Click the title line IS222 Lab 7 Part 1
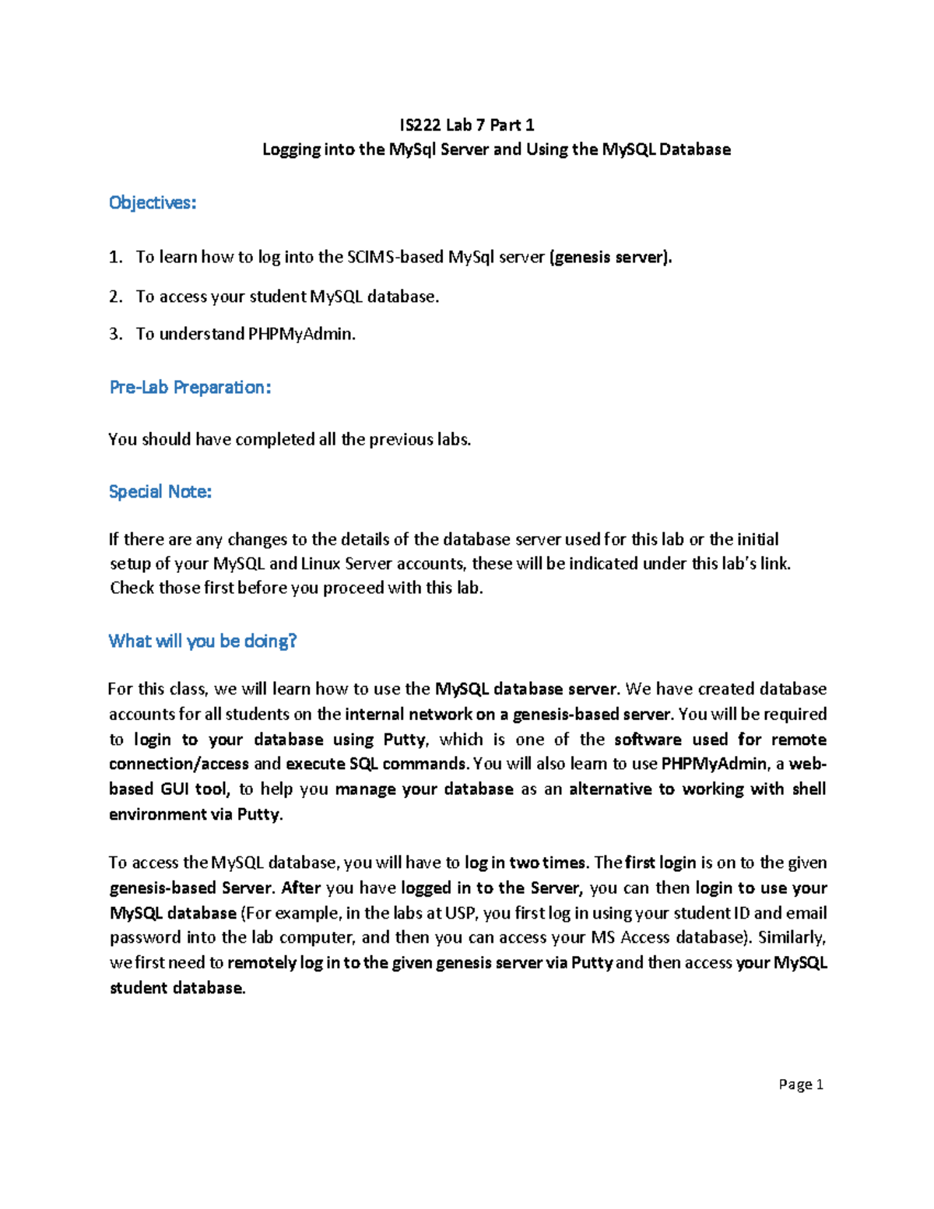(x=466, y=125)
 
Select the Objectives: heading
(x=153, y=202)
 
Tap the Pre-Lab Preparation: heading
(x=190, y=387)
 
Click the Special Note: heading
(x=160, y=491)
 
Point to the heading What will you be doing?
(x=202, y=641)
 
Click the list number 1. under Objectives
(x=116, y=257)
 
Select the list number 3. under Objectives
(x=116, y=334)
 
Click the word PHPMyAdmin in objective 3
(x=301, y=334)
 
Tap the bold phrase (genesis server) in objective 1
(x=609, y=257)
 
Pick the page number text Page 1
(x=800, y=1084)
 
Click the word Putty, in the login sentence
(x=406, y=740)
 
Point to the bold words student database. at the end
(x=177, y=988)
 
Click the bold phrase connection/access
(x=179, y=764)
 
